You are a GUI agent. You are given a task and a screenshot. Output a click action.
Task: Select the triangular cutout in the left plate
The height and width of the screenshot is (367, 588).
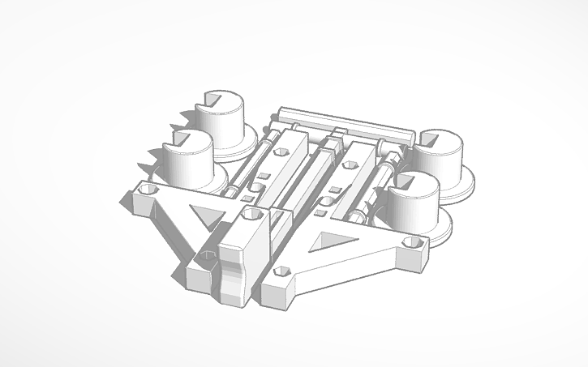pyautogui.click(x=204, y=215)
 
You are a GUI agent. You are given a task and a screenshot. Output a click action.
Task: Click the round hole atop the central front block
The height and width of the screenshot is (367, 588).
pyautogui.click(x=251, y=215)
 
